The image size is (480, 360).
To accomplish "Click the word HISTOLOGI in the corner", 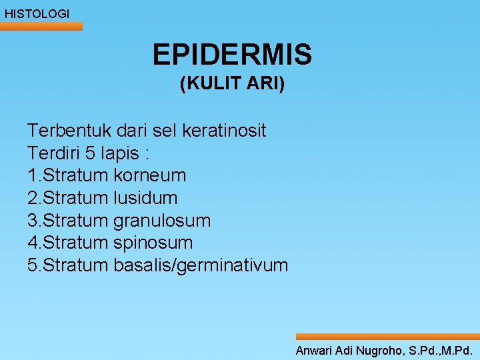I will click(x=37, y=13).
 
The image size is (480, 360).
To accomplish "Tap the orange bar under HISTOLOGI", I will click(x=41, y=26).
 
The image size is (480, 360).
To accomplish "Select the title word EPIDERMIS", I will click(x=231, y=55).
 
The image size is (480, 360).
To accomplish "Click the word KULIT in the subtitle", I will click(x=211, y=85).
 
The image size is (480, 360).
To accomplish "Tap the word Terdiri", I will click(x=54, y=153).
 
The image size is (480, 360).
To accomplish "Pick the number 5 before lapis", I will click(x=91, y=153).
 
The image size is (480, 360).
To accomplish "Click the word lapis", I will click(x=119, y=153).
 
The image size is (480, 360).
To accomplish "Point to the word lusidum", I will click(x=146, y=198).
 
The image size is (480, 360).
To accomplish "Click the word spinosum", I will click(x=153, y=243).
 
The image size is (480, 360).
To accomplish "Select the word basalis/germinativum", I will click(x=201, y=265).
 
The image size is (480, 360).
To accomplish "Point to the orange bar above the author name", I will click(x=387, y=337).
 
